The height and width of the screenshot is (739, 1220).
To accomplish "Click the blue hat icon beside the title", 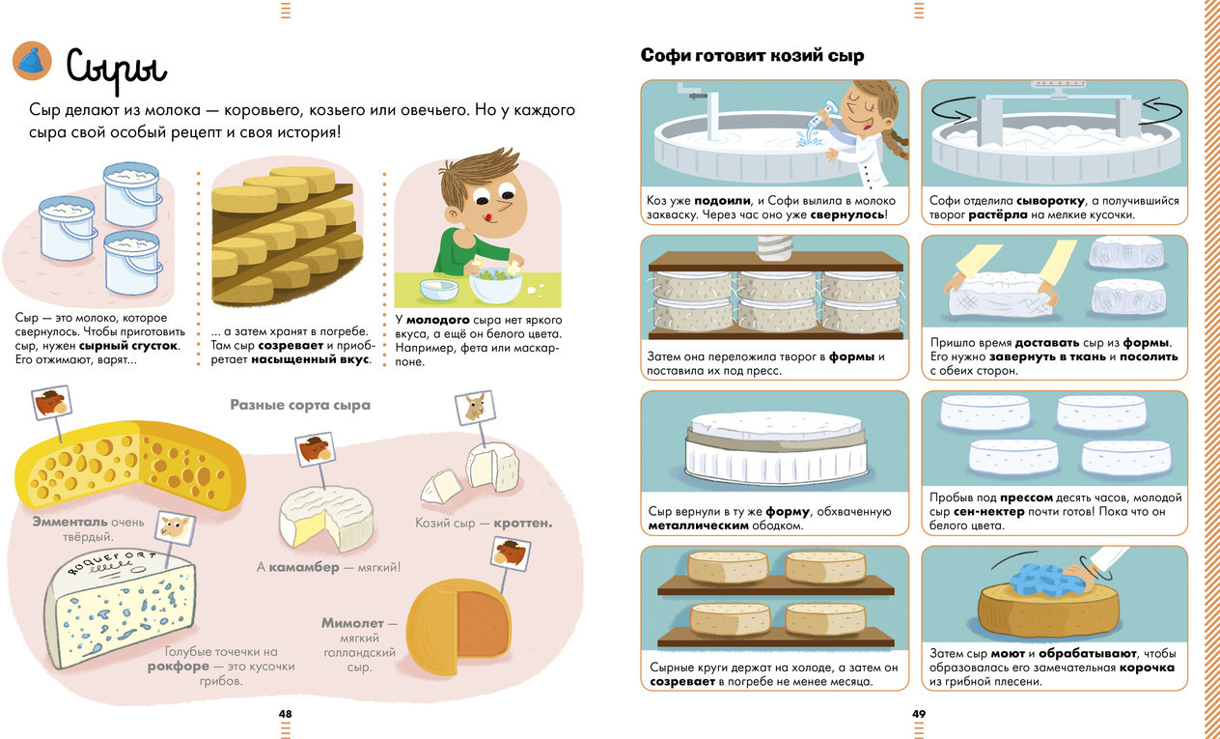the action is pyautogui.click(x=32, y=61).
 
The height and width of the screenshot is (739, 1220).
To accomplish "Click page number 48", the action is pyautogui.click(x=285, y=713).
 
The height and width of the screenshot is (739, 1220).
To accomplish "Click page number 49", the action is pyautogui.click(x=919, y=713).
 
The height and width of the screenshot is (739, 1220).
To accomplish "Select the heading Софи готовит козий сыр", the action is pyautogui.click(x=752, y=56).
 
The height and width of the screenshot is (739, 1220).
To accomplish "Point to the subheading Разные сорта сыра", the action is pyautogui.click(x=300, y=405).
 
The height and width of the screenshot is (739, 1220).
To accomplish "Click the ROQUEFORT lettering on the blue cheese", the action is pyautogui.click(x=111, y=562).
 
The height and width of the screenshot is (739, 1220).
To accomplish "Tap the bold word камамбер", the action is pyautogui.click(x=304, y=567).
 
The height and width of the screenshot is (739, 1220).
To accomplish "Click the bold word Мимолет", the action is pyautogui.click(x=352, y=623).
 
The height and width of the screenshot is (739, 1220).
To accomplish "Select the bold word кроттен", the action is pyautogui.click(x=523, y=524).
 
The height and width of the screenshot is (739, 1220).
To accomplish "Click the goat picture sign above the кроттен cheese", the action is pyautogui.click(x=475, y=407).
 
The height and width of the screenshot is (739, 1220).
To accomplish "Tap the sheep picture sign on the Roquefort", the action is pyautogui.click(x=175, y=527).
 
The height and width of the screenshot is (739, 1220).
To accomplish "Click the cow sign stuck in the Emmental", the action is pyautogui.click(x=51, y=402).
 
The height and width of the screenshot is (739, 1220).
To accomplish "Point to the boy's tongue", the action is pyautogui.click(x=488, y=217).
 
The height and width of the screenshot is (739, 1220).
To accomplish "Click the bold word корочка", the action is pyautogui.click(x=1147, y=668).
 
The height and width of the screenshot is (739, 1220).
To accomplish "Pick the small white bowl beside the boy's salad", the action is pyautogui.click(x=438, y=290).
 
